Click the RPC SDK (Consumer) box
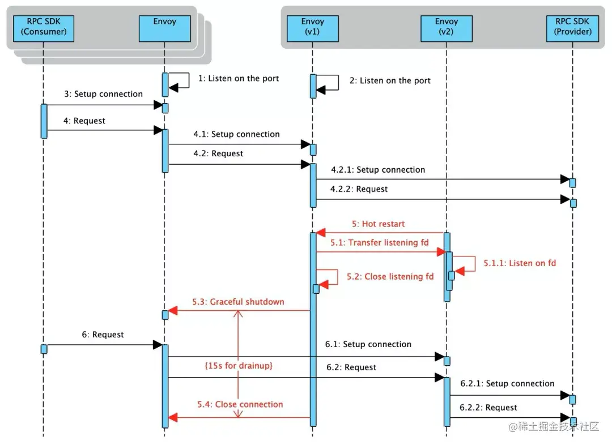pos(43,28)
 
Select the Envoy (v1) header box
pos(313,28)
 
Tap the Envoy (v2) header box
pos(447,28)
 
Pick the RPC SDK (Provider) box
pos(572,28)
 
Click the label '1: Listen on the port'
pos(239,78)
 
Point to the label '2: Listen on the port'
pos(390,81)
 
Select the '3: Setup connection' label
pos(104,94)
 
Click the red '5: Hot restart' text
pos(378,224)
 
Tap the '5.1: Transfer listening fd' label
pos(379,242)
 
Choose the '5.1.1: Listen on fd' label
pos(520,263)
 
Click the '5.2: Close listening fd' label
pos(390,276)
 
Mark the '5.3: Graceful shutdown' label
pos(238,302)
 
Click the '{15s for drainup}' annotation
pos(239,365)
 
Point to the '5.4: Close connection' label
pos(240,404)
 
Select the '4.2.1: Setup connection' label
pos(378,170)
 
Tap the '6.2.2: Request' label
pos(488,408)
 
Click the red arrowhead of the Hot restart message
pos(320,233)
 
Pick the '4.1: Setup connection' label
pos(236,134)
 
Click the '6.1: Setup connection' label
pos(368,344)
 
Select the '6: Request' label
pos(103,335)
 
